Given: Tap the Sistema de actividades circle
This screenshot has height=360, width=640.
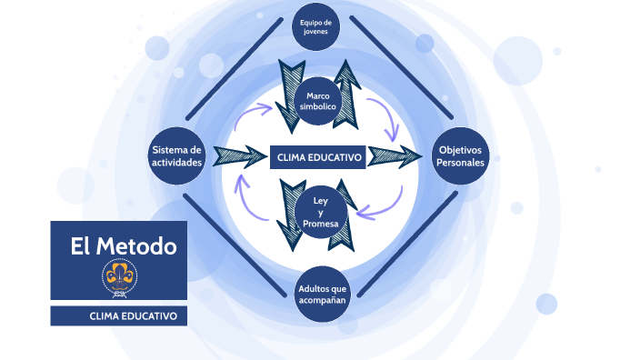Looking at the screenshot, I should [176, 156].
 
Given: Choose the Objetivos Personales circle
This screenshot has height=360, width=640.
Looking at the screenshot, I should [460, 156].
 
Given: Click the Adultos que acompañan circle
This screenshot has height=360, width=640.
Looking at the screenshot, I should [322, 294].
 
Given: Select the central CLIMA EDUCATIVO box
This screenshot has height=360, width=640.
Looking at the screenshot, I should [318, 157].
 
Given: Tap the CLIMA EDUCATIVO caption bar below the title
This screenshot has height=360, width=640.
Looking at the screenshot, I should [118, 316].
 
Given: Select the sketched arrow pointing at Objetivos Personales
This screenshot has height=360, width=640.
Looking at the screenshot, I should [396, 155].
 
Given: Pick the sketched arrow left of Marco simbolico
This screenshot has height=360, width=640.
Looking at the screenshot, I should [289, 91].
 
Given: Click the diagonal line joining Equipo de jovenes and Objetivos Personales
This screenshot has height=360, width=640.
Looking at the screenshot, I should [400, 68].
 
